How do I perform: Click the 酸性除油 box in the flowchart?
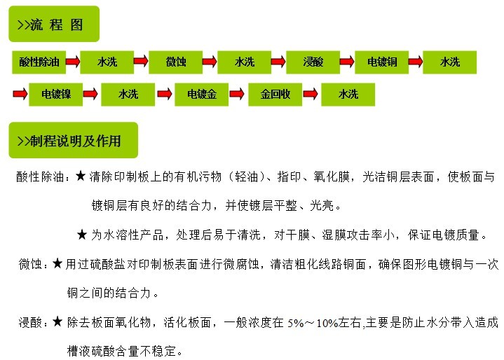point(39,62)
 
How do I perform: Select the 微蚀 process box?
point(175,62)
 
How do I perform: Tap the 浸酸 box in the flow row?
point(313,62)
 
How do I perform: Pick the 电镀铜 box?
point(381,62)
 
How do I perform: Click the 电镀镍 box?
point(55,95)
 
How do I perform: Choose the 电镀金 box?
point(202,95)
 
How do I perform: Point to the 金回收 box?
point(275,95)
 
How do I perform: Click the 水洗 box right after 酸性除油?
point(107,62)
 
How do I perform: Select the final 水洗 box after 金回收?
point(348,95)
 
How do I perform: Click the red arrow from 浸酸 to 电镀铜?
point(347,62)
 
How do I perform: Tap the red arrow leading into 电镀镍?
point(20,94)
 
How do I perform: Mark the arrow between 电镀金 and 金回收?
point(237,94)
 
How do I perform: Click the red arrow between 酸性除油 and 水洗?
point(73,62)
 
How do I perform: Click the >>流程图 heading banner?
point(54,24)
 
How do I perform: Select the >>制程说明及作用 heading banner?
point(74,140)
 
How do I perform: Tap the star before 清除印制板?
point(81,176)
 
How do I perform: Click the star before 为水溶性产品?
point(82,235)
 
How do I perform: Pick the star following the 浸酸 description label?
point(57,321)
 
